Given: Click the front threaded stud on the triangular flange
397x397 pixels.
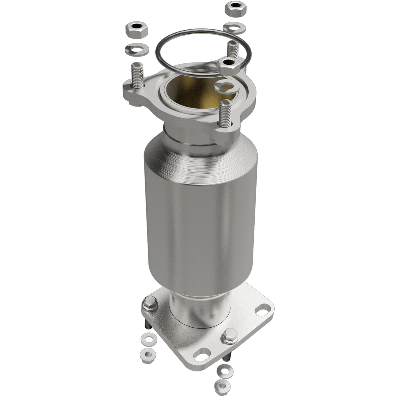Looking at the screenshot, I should [x=226, y=114].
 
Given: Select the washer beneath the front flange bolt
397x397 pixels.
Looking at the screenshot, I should [x=224, y=370].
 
